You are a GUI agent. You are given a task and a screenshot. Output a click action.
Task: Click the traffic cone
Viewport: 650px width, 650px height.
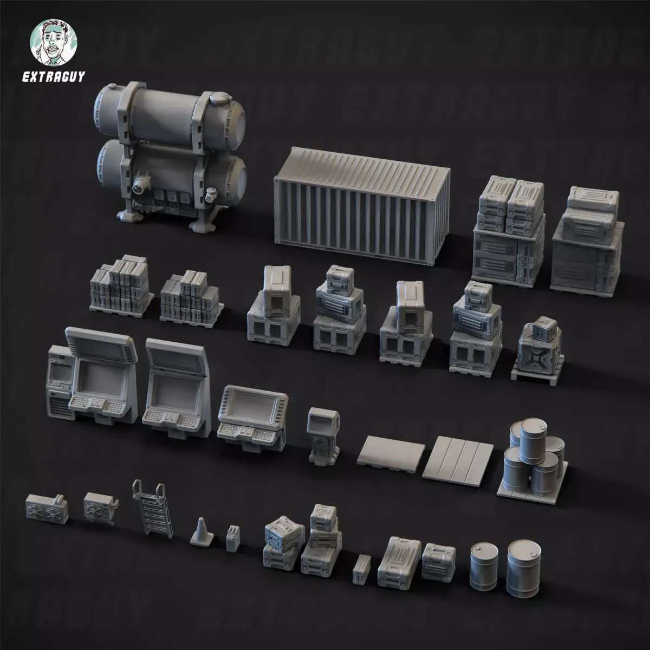coord(200,529)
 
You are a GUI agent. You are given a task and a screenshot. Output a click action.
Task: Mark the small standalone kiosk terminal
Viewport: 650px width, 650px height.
coord(324,436)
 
